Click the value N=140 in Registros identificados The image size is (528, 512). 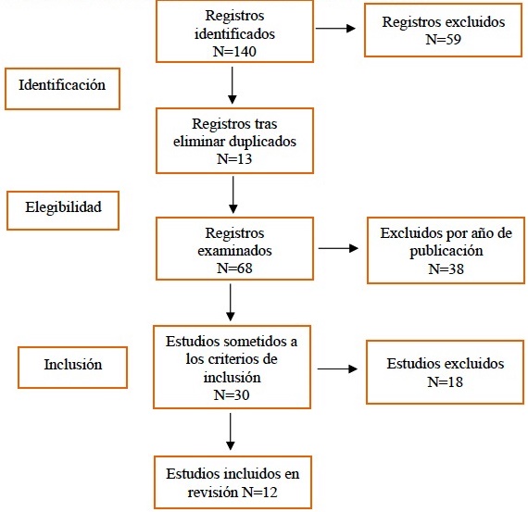234,52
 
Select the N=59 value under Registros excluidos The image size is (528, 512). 443,40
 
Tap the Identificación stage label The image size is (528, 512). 62,85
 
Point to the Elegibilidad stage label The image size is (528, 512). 63,207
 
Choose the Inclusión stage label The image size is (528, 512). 73,364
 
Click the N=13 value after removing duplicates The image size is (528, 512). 234,159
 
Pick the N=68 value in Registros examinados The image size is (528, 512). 234,268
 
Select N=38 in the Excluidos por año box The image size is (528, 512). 446,268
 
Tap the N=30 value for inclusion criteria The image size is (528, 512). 232,394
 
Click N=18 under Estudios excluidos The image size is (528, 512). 445,382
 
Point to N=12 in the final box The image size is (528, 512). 259,493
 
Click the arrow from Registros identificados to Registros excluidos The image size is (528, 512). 335,29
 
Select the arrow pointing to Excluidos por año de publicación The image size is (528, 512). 338,248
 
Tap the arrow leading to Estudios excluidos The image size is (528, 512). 337,368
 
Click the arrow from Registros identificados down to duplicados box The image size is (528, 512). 232,85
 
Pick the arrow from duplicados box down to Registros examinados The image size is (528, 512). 233,195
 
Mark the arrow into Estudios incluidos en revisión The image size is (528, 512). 231,431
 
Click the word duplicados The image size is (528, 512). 264,142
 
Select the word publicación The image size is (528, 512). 446,252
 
